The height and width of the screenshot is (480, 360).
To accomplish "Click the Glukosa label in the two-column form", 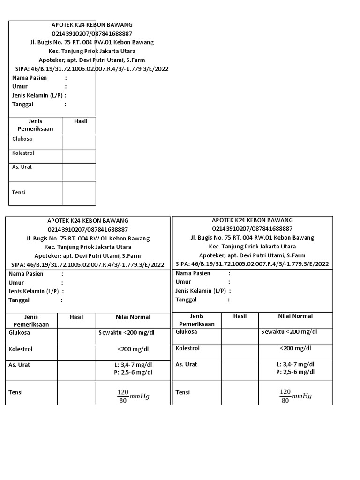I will point(22,139).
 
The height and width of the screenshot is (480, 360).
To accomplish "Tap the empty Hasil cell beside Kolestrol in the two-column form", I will point(78,157).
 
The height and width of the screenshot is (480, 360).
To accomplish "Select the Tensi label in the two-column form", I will point(19,192).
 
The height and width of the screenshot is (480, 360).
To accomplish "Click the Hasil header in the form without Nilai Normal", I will point(81,121).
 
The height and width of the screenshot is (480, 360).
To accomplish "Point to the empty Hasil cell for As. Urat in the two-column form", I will point(78,172).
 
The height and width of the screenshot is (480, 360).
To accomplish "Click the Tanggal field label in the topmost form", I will point(22,104).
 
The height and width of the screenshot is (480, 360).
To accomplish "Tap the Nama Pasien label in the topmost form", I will point(29,78).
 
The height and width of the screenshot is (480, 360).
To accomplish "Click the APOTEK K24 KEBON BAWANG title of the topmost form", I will point(92,25).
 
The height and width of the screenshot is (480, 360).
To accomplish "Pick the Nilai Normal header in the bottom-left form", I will point(132,317).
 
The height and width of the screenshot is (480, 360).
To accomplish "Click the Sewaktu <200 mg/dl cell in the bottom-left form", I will point(132,332).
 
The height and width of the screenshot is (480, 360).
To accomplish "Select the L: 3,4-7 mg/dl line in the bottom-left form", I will point(133,364).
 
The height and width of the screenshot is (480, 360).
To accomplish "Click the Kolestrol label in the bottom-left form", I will point(21,349).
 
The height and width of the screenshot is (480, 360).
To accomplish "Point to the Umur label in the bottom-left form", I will point(16,282).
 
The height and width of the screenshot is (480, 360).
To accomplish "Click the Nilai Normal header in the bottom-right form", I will point(295,316).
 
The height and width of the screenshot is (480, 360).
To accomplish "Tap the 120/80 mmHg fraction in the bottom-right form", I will point(295,396).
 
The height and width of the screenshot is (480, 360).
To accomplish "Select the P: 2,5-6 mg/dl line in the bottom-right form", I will point(295,372).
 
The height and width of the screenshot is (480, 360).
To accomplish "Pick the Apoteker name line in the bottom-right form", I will point(252,255).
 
